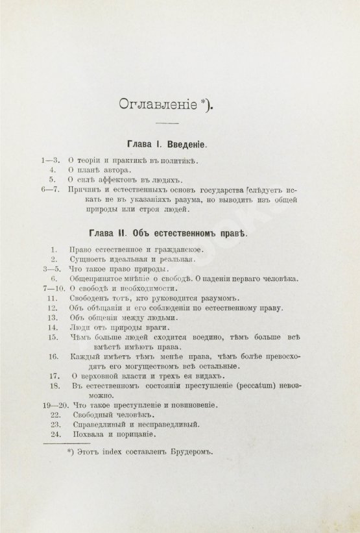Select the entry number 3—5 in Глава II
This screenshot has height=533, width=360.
click(50, 268)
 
